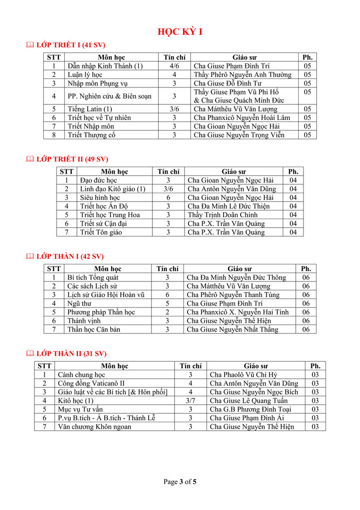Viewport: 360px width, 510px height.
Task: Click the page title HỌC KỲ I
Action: point(180,32)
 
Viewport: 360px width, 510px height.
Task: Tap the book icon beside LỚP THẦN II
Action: point(30,353)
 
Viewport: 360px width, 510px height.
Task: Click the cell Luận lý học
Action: point(85,75)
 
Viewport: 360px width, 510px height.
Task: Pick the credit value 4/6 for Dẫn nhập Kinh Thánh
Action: point(174,66)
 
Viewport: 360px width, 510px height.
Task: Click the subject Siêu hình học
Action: point(100,197)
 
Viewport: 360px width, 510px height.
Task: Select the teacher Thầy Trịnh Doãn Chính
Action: point(223,215)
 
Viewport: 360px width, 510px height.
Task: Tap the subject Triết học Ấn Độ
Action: point(104,206)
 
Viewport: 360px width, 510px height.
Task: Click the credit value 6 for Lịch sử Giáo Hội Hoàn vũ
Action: point(167,295)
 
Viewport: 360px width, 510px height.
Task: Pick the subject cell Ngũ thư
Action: point(76,304)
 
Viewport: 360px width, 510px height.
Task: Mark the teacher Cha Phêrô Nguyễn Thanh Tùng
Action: point(233,295)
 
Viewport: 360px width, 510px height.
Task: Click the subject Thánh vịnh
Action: point(81,321)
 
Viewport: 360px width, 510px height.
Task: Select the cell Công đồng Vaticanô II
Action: point(91,383)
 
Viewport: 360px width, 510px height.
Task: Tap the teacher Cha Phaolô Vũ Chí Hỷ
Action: point(243,375)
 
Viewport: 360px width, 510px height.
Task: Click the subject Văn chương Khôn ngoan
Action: point(94,427)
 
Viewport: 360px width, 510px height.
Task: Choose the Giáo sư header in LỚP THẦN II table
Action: point(256,366)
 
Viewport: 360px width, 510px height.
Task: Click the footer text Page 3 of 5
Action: point(180,482)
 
